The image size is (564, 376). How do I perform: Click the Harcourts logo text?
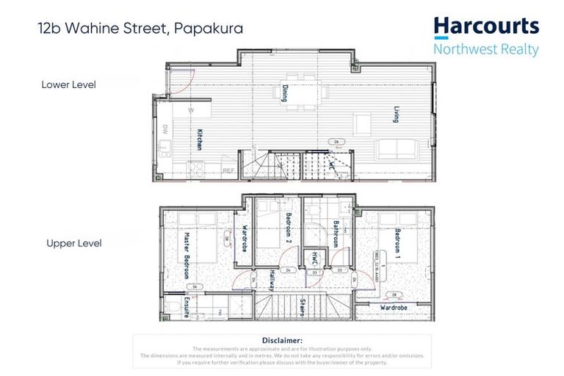486,28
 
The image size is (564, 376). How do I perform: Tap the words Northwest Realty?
486,50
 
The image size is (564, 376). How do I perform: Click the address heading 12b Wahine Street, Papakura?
140,29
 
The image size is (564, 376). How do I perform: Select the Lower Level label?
68,84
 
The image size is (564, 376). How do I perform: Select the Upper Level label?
73,243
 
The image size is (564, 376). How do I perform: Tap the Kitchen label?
198,140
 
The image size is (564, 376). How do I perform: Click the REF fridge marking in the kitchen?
228,171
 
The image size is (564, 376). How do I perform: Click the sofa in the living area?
397,148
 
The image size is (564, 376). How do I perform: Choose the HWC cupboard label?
314,258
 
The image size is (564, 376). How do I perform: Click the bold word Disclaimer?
282,340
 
